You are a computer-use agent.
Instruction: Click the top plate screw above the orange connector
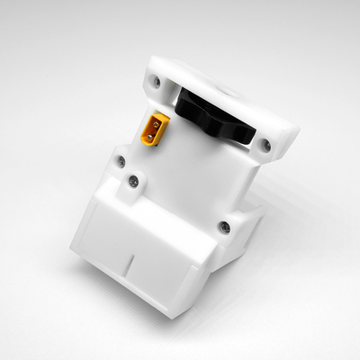157,81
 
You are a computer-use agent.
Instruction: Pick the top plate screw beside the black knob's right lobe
265,142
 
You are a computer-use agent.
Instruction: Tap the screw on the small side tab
120,162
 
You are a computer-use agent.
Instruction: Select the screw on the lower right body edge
225,227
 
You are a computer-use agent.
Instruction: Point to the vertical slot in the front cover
131,267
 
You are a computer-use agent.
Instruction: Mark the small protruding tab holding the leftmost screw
118,166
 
